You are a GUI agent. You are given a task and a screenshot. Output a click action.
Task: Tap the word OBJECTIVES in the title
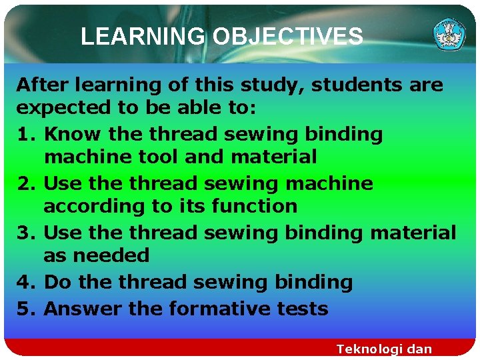287,36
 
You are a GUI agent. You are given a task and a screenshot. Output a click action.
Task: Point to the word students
355,85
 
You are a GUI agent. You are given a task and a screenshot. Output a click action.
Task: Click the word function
254,207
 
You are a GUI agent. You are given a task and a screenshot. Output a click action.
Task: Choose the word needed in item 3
111,257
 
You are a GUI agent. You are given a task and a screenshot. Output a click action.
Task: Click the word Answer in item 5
79,309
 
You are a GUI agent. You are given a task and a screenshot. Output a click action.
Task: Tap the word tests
305,309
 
